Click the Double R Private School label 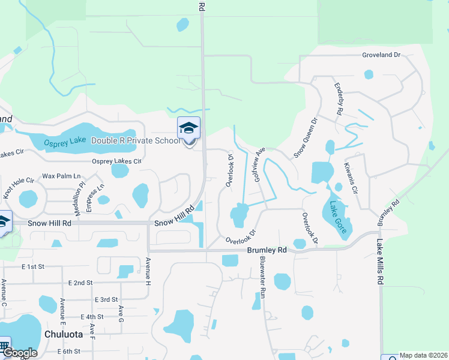[x=135, y=140]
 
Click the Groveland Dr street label [x=381, y=55]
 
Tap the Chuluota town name [x=67, y=333]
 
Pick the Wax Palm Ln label [x=61, y=176]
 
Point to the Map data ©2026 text [x=423, y=355]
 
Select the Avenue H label [x=148, y=270]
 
